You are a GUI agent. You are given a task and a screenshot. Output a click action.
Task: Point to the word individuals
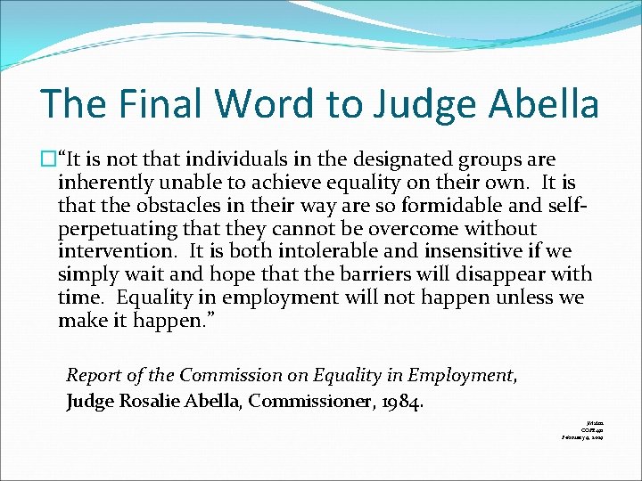[223, 160]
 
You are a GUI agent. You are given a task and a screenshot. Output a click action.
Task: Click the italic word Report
[95, 377]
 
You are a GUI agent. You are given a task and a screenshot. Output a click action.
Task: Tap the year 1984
[400, 401]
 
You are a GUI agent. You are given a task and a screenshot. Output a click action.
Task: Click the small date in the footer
[583, 437]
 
